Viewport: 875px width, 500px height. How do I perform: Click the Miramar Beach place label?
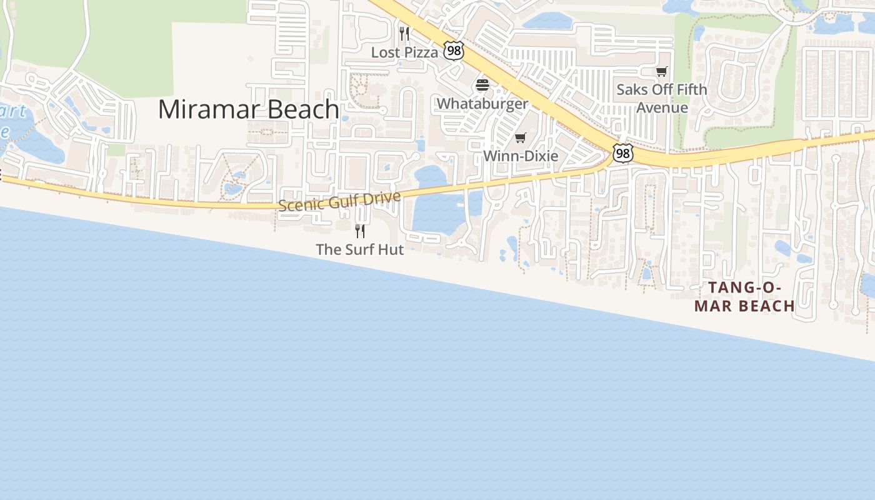tap(248, 109)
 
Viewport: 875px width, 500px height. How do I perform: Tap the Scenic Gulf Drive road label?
tap(339, 201)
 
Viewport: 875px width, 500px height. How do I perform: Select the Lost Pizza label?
tap(404, 52)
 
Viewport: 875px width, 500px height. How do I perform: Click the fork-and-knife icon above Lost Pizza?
tap(404, 33)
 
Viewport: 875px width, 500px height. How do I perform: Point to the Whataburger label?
tap(482, 104)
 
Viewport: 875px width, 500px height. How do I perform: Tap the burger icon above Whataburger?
tap(482, 85)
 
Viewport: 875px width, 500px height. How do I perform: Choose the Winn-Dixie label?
tap(521, 156)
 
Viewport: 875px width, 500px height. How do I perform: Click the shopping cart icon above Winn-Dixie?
tap(521, 137)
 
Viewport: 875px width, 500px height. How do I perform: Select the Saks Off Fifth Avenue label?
tap(662, 98)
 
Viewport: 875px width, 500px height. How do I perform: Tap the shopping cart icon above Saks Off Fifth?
tap(662, 72)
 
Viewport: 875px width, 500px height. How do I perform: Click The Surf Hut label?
tap(360, 249)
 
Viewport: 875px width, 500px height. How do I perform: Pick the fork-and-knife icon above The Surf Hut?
tap(360, 231)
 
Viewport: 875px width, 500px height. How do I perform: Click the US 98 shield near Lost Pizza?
tap(454, 51)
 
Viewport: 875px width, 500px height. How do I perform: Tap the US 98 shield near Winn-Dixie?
tap(622, 153)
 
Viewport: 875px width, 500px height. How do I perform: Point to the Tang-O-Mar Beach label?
tap(744, 297)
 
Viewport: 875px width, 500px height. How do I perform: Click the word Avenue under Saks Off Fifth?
tap(662, 107)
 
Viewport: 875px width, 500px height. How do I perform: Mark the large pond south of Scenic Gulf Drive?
tap(437, 212)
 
